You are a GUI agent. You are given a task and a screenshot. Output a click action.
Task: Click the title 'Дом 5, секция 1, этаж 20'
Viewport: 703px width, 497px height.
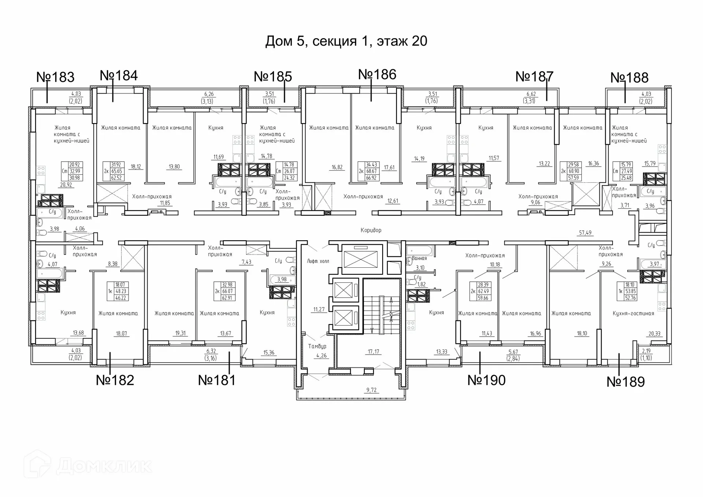(x=346, y=41)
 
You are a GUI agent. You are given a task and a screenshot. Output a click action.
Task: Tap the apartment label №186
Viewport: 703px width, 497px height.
(x=377, y=74)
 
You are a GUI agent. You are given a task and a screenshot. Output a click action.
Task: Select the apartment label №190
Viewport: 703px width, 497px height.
(x=486, y=380)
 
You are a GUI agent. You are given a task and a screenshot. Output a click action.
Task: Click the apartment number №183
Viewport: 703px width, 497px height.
(x=55, y=77)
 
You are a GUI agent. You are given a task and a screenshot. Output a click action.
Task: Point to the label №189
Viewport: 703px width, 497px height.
(x=625, y=382)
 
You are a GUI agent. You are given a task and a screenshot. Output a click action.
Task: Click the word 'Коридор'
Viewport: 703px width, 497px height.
(x=371, y=230)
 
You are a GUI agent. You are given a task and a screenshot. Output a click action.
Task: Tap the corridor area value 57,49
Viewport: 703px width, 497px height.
(x=585, y=233)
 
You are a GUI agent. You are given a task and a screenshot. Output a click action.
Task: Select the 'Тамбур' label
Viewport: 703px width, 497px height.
(x=317, y=346)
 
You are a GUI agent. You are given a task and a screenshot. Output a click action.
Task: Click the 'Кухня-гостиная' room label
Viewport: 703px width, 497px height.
(x=633, y=314)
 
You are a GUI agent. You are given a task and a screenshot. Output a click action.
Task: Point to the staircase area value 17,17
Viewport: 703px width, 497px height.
(x=373, y=352)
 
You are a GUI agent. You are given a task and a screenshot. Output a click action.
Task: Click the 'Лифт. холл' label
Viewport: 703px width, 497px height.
(x=318, y=261)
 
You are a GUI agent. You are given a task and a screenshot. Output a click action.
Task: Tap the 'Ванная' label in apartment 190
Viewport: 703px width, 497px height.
(x=419, y=258)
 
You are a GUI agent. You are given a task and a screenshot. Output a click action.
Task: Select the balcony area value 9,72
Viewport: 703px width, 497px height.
(x=371, y=390)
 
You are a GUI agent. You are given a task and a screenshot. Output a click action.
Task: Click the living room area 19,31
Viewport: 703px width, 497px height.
(x=181, y=333)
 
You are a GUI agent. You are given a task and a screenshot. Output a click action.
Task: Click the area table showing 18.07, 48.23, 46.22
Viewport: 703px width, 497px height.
(x=117, y=292)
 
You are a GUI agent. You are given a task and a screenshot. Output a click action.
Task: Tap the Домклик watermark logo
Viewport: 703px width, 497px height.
(x=88, y=466)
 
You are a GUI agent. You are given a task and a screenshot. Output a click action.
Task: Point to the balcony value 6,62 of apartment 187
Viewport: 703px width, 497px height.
(x=531, y=94)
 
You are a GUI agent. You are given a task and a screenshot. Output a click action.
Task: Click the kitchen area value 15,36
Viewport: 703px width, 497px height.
(x=269, y=353)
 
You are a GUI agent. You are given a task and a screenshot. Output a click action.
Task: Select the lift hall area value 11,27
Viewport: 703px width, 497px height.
(x=319, y=309)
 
